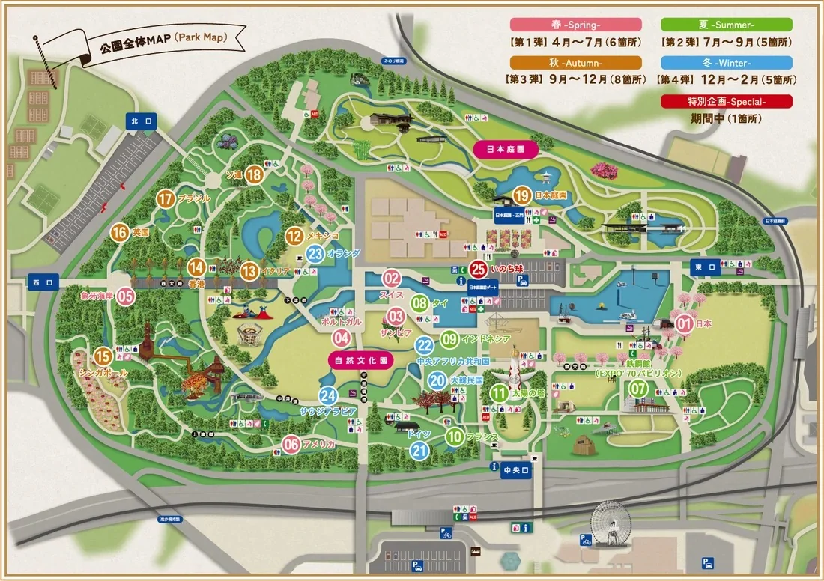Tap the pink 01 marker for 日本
coord(684,323)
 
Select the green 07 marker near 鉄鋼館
coord(638,389)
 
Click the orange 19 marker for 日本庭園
coord(522,195)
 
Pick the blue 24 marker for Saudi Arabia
coord(328,395)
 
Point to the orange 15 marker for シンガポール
coord(103,356)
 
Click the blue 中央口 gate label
coord(516,469)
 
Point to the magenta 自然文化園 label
coord(361,359)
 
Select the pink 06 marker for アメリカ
coord(291,445)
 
